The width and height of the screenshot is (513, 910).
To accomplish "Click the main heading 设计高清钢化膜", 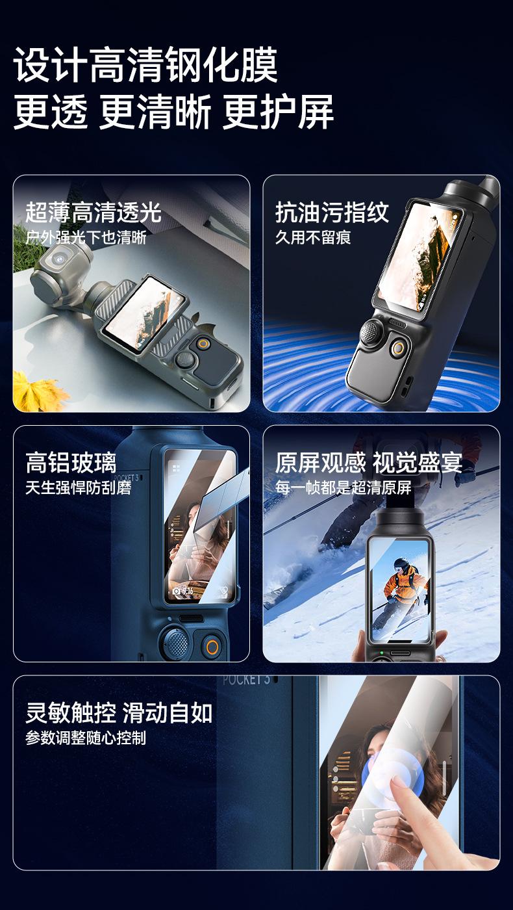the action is pos(145,65).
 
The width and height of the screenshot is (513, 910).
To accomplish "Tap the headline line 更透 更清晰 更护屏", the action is pos(174,112).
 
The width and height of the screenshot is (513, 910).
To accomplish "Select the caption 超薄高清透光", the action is pos(94,212).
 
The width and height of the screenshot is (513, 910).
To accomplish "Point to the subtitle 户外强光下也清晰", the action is pos(86,237).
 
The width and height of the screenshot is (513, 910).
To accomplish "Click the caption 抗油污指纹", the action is pos(332,212).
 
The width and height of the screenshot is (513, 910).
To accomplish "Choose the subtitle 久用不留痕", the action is pos(313,237).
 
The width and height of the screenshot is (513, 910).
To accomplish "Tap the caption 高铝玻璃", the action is pos(71,463).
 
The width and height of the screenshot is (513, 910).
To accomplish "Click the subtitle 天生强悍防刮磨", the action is pos(79,487).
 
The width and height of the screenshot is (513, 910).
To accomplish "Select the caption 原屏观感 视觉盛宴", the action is pos(369,463).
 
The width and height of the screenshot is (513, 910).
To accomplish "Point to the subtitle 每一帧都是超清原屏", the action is pos(344,487).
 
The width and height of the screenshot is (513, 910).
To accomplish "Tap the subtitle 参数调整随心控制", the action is pos(86,738).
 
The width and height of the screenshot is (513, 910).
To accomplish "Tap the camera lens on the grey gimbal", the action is pos(60,257).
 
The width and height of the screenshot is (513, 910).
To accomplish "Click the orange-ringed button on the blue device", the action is pos(212,646).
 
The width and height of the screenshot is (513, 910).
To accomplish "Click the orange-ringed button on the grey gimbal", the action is pos(203,344).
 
